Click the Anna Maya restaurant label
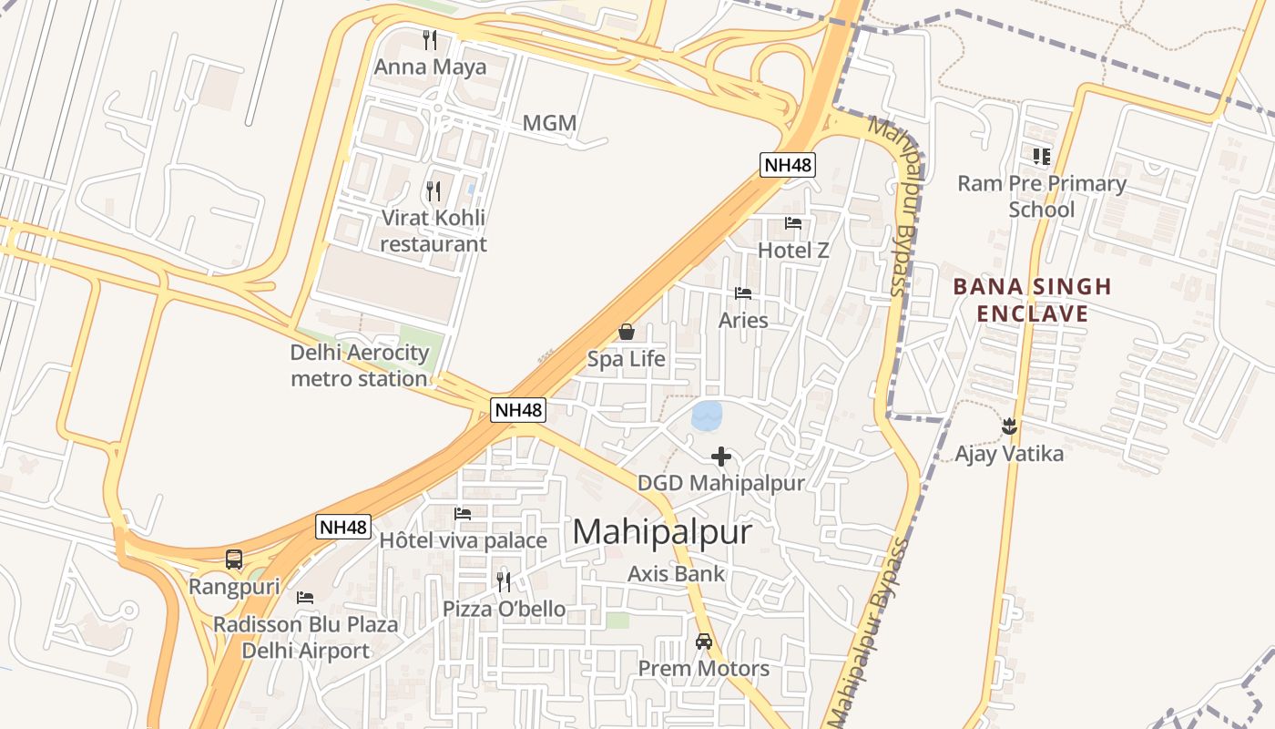click(431, 67)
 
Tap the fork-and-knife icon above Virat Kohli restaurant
click(433, 190)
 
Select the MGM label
click(549, 123)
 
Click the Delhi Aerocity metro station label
click(359, 365)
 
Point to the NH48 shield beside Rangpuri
click(344, 527)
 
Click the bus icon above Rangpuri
click(234, 560)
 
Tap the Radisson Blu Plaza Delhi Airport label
click(305, 637)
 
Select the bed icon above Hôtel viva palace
click(463, 514)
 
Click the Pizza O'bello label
click(504, 609)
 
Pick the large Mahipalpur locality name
click(662, 532)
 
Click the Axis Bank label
click(676, 574)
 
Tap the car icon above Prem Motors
click(704, 642)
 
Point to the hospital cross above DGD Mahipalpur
click(721, 456)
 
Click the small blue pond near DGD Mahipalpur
click(707, 416)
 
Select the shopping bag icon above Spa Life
click(627, 332)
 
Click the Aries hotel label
click(743, 320)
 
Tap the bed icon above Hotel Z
click(793, 222)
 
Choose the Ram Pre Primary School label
click(1042, 196)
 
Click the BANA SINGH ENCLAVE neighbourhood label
click(1033, 301)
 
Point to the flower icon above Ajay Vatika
click(1009, 426)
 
